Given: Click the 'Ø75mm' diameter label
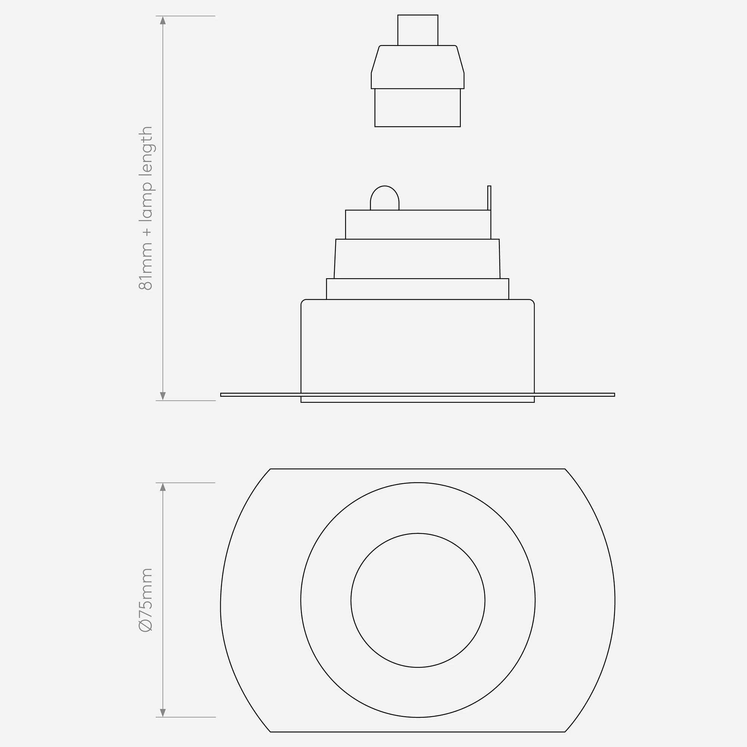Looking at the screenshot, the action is pos(146,600).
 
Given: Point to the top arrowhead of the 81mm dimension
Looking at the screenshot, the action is pos(163,20).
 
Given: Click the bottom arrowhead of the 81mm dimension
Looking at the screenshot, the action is pos(163,396).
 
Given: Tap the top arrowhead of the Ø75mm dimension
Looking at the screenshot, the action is pos(163,487).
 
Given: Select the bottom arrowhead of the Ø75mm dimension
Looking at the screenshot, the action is pos(163,713).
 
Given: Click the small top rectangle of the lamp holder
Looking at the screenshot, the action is pos(418,30).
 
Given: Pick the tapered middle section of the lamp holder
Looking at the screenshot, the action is pos(418,67).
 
